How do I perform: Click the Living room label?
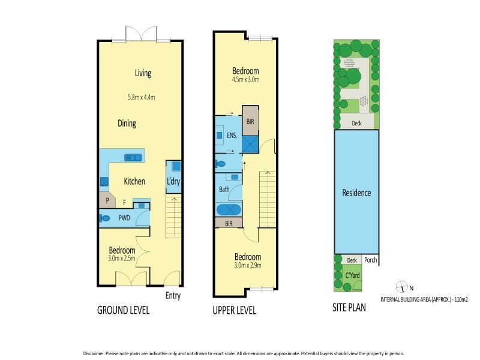pyautogui.click(x=143, y=73)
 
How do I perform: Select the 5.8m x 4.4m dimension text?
pyautogui.click(x=145, y=97)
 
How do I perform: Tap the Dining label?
pyautogui.click(x=127, y=124)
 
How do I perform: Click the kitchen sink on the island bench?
pyautogui.click(x=133, y=157)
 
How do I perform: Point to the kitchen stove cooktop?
pyautogui.click(x=103, y=181)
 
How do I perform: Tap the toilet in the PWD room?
pyautogui.click(x=106, y=218)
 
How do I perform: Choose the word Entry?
pyautogui.click(x=173, y=296)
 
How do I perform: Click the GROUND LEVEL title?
pyautogui.click(x=123, y=311)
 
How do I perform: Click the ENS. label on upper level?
pyautogui.click(x=232, y=136)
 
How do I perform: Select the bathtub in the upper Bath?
pyautogui.click(x=229, y=211)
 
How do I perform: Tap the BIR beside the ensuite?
pyautogui.click(x=250, y=120)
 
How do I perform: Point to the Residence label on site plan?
pyautogui.click(x=356, y=193)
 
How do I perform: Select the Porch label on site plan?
pyautogui.click(x=370, y=260)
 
